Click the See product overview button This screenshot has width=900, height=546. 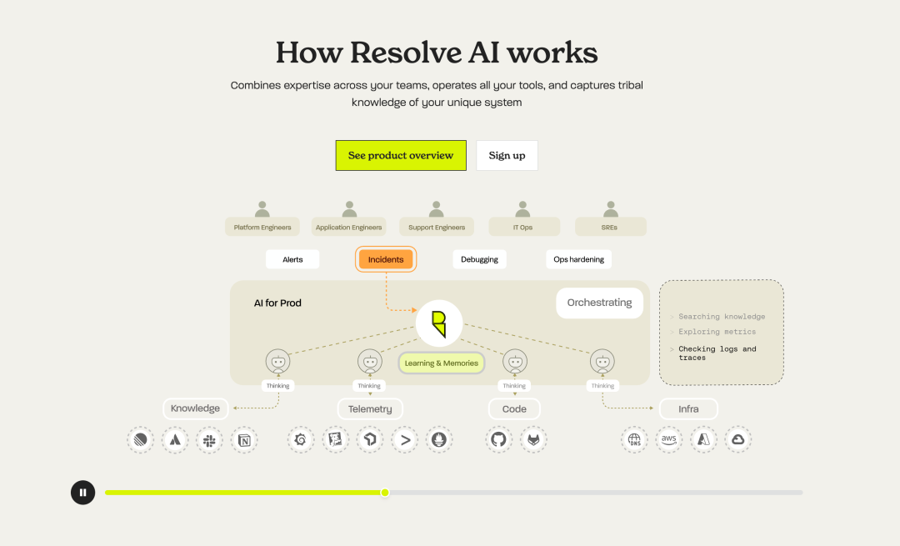click(401, 156)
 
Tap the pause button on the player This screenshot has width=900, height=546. click(82, 493)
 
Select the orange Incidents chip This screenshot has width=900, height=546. click(386, 259)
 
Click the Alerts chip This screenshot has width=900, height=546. click(292, 259)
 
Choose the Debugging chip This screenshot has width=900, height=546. click(479, 259)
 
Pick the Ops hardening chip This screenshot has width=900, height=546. click(578, 259)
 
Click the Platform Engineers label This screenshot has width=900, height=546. click(262, 227)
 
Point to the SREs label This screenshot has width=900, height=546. click(610, 227)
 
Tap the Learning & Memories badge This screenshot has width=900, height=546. click(441, 363)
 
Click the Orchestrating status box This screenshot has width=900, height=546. click(599, 303)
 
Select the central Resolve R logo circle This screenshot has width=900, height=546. click(439, 323)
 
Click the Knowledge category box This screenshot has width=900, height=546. click(195, 408)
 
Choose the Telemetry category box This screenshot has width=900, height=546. click(370, 408)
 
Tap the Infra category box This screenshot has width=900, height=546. click(688, 408)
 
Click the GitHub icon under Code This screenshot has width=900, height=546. click(498, 439)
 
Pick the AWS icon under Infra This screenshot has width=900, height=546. click(668, 439)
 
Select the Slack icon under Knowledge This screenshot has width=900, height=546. click(209, 439)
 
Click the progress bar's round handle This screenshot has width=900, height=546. click(385, 493)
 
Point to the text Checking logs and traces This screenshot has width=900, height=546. click(717, 353)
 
